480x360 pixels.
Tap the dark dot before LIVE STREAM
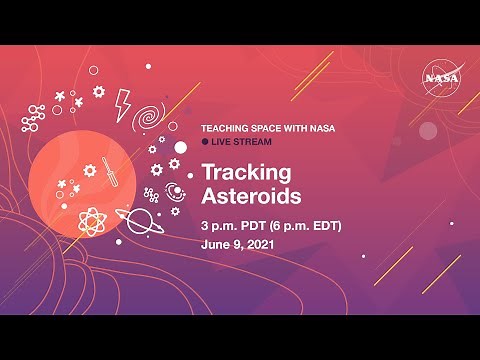[205, 143]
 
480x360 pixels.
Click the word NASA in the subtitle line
[323, 129]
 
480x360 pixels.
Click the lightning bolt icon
[123, 103]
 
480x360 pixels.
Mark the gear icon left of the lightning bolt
[98, 92]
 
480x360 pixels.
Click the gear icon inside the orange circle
[89, 171]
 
